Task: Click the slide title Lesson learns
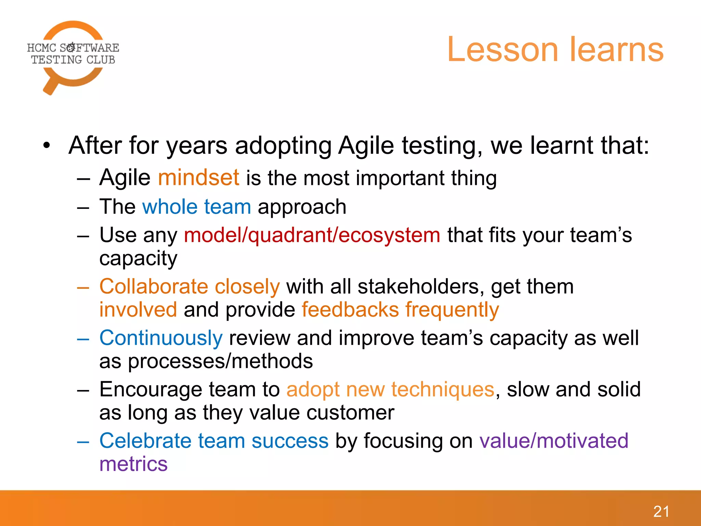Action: point(555,50)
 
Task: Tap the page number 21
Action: point(661,512)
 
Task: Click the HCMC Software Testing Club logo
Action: point(73,57)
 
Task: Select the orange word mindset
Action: point(198,178)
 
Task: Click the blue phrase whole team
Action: point(196,207)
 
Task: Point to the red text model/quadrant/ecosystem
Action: point(312,235)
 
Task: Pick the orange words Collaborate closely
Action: point(190,287)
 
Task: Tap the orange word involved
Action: point(138,310)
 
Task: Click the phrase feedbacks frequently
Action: point(400,310)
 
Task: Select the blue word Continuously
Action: point(161,338)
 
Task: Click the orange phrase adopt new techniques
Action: point(390,390)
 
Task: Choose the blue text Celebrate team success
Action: point(214,441)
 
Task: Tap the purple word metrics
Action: point(133,464)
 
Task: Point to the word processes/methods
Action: point(220,362)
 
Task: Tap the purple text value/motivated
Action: point(553,441)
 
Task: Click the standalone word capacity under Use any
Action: point(138,259)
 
